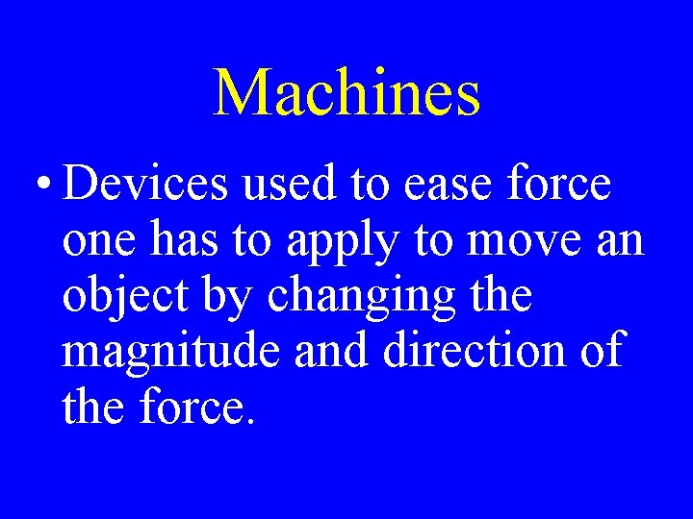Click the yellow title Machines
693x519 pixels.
pyautogui.click(x=346, y=93)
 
